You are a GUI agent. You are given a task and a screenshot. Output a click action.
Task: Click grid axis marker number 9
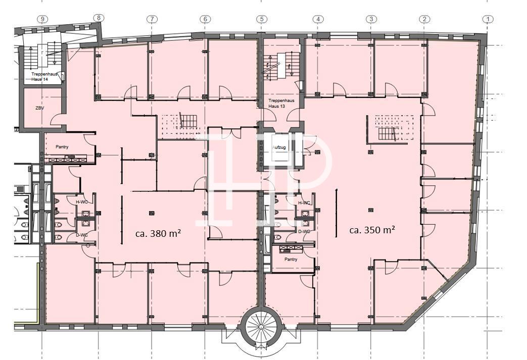[x=42, y=19]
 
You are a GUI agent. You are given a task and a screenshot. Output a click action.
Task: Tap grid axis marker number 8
[x=98, y=18]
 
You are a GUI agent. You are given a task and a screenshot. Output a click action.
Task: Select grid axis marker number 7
[x=152, y=19]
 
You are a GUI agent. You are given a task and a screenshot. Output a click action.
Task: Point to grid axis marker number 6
[x=205, y=19]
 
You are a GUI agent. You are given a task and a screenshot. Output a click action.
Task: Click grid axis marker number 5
[x=262, y=19]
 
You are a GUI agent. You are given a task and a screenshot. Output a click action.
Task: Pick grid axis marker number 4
[x=318, y=19]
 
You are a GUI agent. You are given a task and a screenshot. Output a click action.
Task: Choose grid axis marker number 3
[x=371, y=19]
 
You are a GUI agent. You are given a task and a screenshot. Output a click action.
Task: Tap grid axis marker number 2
[x=424, y=19]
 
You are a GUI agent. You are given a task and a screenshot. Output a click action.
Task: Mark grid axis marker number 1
[x=488, y=19]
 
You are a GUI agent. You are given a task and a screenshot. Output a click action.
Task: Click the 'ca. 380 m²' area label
[x=158, y=233]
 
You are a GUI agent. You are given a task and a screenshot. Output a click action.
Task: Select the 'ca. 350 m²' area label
[x=372, y=230]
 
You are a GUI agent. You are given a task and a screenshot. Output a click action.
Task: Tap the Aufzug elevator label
[x=279, y=147]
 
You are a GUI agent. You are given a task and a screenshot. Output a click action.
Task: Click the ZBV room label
[x=40, y=109]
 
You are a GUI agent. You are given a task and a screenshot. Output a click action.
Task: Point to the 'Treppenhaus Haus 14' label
[x=44, y=77]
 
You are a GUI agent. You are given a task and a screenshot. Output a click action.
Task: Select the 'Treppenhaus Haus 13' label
[x=281, y=103]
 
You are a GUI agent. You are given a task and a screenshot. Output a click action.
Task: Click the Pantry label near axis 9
[x=62, y=147]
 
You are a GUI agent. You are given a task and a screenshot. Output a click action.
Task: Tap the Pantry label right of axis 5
[x=291, y=259]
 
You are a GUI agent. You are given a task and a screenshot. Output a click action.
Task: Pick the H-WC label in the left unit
[x=82, y=202]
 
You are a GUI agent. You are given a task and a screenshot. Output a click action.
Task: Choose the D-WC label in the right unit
[x=304, y=231]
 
